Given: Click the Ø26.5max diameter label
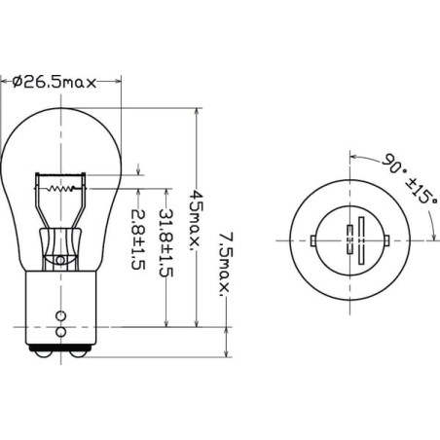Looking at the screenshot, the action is tap(55, 83).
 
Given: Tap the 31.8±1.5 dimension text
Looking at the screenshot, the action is tap(165, 243).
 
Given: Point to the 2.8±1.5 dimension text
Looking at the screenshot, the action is tap(137, 239).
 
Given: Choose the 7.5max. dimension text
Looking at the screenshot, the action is tap(226, 264).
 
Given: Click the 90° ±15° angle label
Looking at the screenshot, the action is tap(410, 178).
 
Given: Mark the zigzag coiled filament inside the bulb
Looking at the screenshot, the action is tap(60, 188).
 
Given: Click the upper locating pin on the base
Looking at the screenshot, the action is tap(60, 315).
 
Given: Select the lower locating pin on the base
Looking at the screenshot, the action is tap(60, 332).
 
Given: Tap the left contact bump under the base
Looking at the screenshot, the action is tap(43, 354).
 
